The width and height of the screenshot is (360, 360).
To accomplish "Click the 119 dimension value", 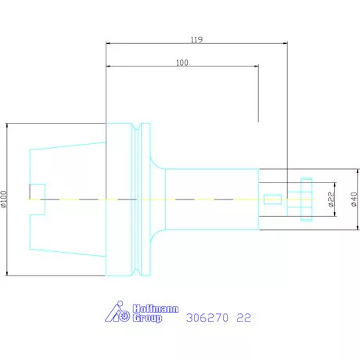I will point(197,38).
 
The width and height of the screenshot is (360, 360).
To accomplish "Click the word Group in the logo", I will point(146,319).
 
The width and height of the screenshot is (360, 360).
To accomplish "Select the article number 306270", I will point(208,319).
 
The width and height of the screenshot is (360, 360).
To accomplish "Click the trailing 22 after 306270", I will point(245,319).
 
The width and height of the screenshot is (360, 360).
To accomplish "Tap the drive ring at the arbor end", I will point(306,199).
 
